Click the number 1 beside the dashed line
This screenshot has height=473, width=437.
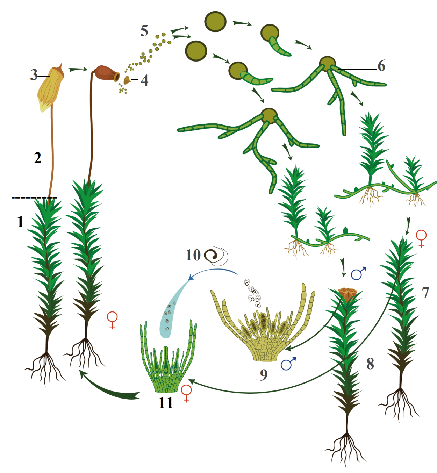point(21,222)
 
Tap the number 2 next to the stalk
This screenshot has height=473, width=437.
point(38,158)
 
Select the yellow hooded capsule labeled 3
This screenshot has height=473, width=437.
point(51,88)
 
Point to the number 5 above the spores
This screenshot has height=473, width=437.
point(144,31)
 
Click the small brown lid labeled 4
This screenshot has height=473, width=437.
point(127,80)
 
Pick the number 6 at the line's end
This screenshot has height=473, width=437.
point(381,66)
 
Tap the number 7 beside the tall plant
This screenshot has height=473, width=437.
point(425,293)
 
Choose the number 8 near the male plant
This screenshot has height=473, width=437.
point(370,364)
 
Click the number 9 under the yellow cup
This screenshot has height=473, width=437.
point(264,375)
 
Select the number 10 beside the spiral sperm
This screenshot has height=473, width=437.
point(193,255)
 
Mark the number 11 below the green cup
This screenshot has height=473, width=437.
point(166,403)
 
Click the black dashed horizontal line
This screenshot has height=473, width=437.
point(34,198)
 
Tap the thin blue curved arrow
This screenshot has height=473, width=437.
point(213,271)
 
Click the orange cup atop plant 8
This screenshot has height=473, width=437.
point(348,294)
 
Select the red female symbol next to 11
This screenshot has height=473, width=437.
point(186,393)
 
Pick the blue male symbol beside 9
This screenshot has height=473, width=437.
point(289,364)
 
